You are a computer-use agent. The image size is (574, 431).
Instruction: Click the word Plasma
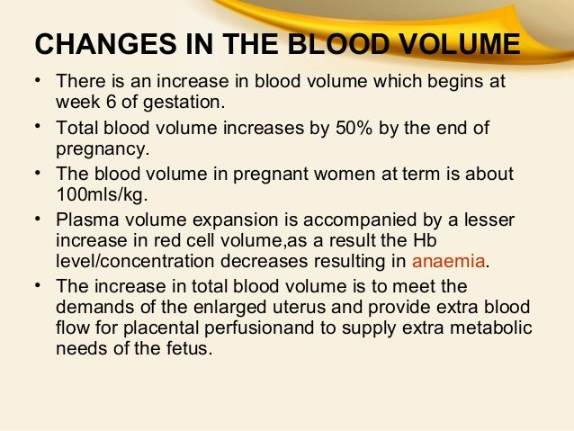click(x=84, y=220)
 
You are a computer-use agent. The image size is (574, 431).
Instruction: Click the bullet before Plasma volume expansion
click(x=38, y=220)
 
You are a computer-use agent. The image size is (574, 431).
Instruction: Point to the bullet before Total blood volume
click(x=38, y=128)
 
